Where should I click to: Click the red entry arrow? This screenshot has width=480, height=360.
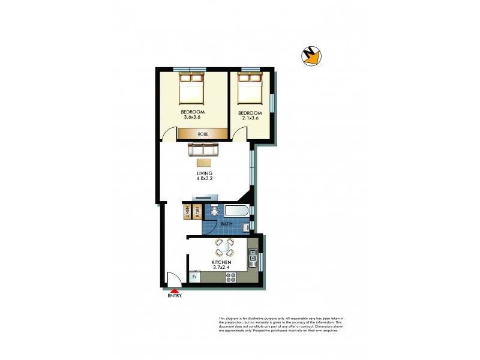coord(174,290)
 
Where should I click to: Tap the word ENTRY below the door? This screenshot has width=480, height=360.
coord(174,296)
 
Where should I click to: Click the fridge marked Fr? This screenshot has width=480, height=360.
coord(194,277)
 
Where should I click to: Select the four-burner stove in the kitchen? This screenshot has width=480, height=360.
coord(230,277)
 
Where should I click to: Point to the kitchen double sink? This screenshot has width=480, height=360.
coord(254,259)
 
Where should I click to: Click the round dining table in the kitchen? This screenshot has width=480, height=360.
coord(224,247)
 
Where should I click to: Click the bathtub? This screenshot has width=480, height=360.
coord(236,211)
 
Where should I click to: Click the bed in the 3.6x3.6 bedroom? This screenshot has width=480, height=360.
coord(193,90)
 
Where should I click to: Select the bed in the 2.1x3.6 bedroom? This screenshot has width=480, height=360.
coord(249,91)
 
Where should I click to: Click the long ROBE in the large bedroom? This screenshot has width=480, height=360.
coord(202,134)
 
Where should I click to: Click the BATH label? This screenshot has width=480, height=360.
coord(227,224)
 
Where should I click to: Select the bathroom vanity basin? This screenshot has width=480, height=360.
coord(245,227)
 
